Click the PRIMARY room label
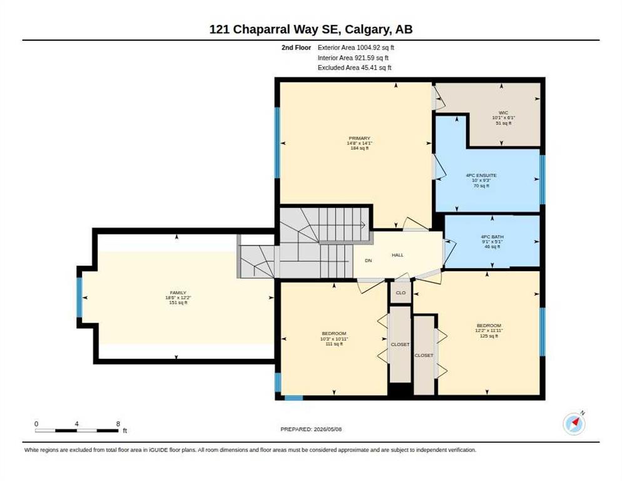point(359,138)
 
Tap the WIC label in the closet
point(503,113)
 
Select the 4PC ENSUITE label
point(481,175)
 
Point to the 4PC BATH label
point(492,237)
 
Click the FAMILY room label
point(178,292)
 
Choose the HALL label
point(397,255)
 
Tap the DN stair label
point(369,261)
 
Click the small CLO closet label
point(400,292)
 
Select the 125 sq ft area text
point(489,336)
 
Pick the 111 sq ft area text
point(334,344)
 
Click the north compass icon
point(574,423)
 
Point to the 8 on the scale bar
point(118,424)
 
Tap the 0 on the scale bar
point(36,424)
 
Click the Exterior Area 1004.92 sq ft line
point(356,47)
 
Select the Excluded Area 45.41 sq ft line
point(354,68)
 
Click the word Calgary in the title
point(366,29)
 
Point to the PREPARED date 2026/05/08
point(327,429)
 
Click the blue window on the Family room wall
point(79,297)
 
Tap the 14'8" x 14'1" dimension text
point(359,143)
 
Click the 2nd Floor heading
point(297,48)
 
